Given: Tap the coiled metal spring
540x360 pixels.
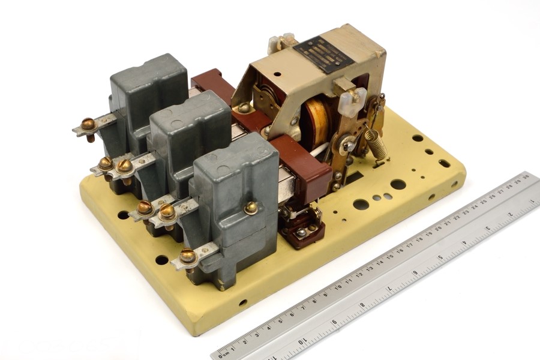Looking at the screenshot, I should click(376, 145).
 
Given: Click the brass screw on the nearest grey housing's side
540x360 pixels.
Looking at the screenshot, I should click(251, 208).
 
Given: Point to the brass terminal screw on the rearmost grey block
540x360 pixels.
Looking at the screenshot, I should click(88, 125).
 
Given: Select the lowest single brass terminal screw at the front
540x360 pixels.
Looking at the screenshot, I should click(188, 257).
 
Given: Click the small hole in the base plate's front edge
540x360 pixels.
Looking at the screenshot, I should click(242, 302).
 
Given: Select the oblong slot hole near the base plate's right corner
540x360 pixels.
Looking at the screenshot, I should click(445, 163).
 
